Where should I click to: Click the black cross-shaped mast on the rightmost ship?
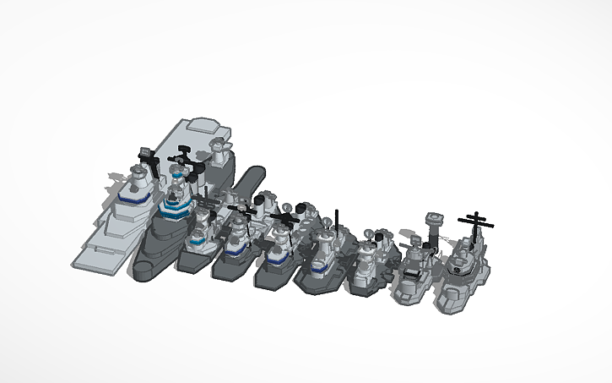tap(478, 222)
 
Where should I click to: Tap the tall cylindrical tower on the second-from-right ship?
tap(436, 225)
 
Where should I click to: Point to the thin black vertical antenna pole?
tap(337, 222)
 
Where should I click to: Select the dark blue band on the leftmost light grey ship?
tap(131, 199)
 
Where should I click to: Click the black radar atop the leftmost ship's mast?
tap(145, 156)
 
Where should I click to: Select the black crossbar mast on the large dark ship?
tap(181, 158)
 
